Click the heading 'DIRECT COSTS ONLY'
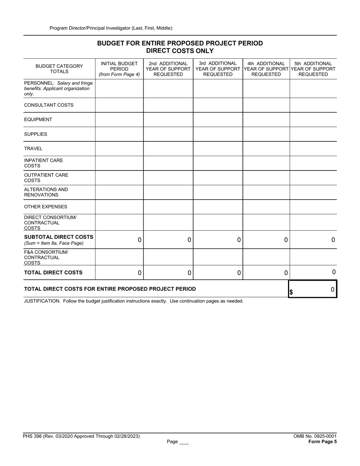180,51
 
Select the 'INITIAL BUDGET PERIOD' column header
119,69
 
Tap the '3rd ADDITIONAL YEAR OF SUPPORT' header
218,69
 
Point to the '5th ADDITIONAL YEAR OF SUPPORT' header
313,69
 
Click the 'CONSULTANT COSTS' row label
49,105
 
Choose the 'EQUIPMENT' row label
38,119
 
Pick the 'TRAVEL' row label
33,149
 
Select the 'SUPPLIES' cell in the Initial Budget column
119,134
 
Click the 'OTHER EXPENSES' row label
45,207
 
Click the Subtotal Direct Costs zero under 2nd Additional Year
189,240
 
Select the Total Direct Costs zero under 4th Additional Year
286,273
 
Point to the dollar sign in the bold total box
291,292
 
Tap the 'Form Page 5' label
322,441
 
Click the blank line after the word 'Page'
184,442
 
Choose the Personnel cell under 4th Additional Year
266,88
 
